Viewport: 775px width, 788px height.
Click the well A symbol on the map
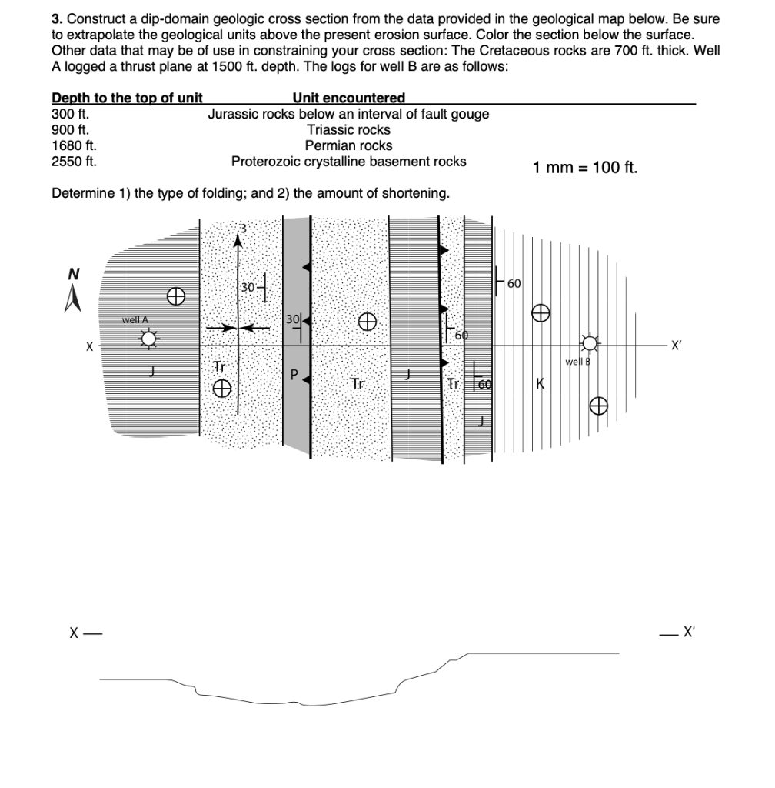(x=148, y=338)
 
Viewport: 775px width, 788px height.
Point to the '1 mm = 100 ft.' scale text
(x=584, y=168)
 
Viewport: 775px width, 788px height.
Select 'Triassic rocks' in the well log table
(x=348, y=129)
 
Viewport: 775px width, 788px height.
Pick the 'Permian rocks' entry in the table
(x=348, y=145)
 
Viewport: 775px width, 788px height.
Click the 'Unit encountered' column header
(x=348, y=98)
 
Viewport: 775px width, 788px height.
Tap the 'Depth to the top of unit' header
(x=127, y=98)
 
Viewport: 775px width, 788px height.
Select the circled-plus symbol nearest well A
(x=176, y=294)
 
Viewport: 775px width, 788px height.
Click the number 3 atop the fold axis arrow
(x=244, y=228)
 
